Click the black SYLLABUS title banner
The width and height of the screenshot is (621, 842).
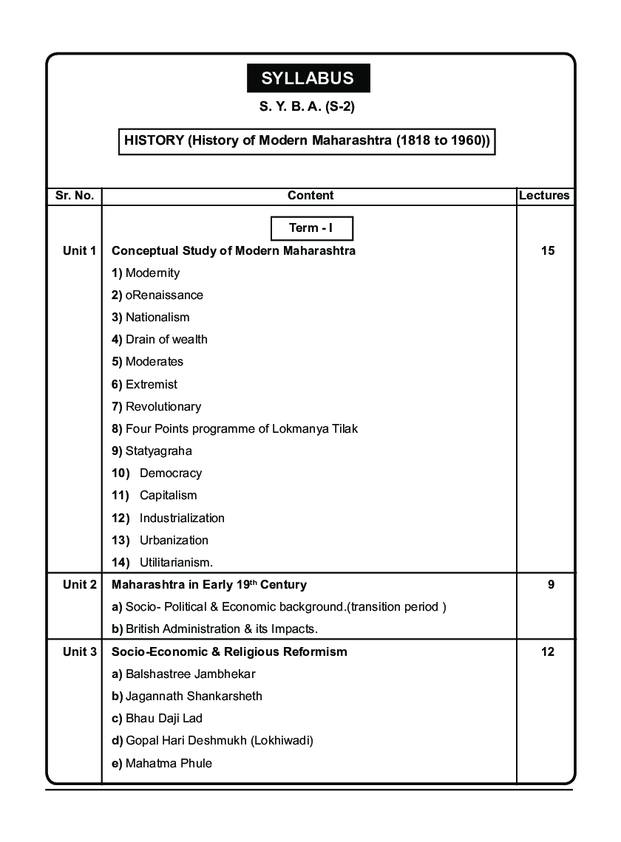(308, 78)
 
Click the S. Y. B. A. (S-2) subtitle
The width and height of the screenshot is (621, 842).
(307, 107)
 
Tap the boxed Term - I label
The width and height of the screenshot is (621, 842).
(310, 228)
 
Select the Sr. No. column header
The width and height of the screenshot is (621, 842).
(74, 196)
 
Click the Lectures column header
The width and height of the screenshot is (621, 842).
(544, 196)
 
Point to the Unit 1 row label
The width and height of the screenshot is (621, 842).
(79, 251)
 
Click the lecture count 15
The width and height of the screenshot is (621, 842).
(547, 251)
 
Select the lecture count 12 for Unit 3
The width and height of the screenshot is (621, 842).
(547, 652)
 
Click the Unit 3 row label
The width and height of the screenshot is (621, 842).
(79, 652)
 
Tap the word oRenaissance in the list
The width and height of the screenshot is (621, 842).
(164, 295)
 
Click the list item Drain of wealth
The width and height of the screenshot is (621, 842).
(166, 340)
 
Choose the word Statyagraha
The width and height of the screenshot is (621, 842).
(158, 451)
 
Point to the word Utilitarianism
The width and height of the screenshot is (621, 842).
(176, 563)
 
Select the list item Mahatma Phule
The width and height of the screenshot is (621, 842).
(169, 764)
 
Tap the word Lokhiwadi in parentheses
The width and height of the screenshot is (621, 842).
(283, 741)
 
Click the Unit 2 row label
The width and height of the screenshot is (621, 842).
(79, 585)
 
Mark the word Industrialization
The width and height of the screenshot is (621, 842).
(182, 518)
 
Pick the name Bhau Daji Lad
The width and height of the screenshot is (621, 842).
(163, 719)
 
